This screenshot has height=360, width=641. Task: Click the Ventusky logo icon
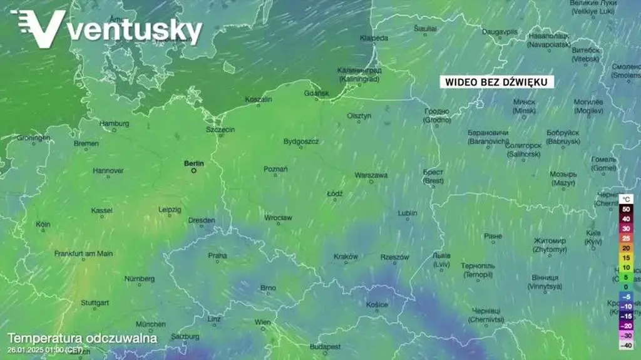[x=38, y=28]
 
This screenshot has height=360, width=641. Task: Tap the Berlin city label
[x=193, y=163]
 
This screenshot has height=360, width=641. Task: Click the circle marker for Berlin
[x=194, y=170]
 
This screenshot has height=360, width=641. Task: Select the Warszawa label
[x=371, y=175]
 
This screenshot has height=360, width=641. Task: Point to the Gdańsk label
[x=316, y=93]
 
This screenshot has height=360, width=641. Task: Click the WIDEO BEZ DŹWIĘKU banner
[x=496, y=82]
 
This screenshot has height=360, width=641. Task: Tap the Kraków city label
[x=346, y=256]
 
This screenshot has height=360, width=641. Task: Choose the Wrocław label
[x=278, y=218]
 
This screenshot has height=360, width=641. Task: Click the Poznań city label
[x=275, y=169]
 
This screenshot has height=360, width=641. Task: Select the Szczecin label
[x=220, y=129]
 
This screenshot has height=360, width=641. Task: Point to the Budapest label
[x=324, y=346]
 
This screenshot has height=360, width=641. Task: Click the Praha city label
[x=217, y=255]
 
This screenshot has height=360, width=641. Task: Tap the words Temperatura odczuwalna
[x=82, y=339]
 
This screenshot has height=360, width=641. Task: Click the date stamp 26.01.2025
[x=29, y=350]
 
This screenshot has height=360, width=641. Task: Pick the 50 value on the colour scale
[x=625, y=208]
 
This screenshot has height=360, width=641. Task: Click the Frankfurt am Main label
[x=83, y=253]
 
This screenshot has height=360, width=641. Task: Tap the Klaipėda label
[x=374, y=38]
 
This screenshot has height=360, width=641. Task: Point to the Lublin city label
[x=407, y=213]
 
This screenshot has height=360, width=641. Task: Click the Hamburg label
[x=114, y=123]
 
